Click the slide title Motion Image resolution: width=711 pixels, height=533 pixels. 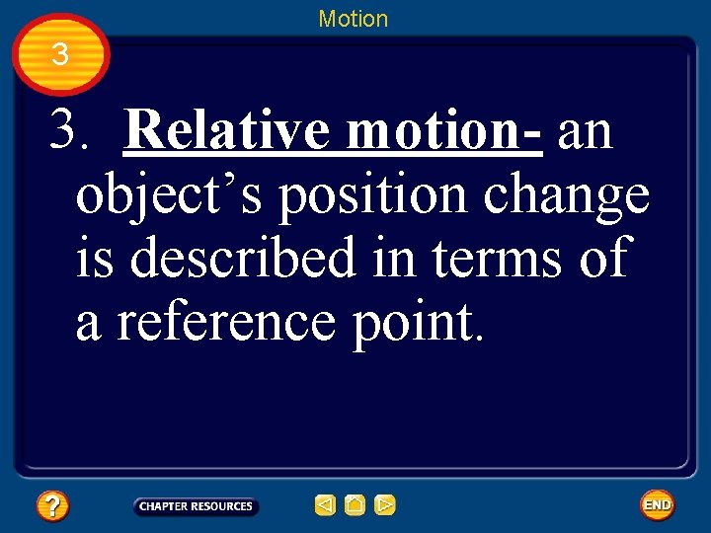coord(354,19)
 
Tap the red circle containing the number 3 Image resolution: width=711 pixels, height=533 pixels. coord(60,54)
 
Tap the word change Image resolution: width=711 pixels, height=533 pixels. coord(567,196)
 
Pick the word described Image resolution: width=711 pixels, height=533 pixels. coord(242,259)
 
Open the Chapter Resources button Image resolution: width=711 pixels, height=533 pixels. coord(196,506)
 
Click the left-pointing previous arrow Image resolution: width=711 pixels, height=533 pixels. coord(325,506)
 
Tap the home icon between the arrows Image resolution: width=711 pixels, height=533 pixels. coord(355,506)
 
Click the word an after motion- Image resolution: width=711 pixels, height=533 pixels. coord(585,130)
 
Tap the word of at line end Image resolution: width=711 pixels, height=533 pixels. coord(601,259)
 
